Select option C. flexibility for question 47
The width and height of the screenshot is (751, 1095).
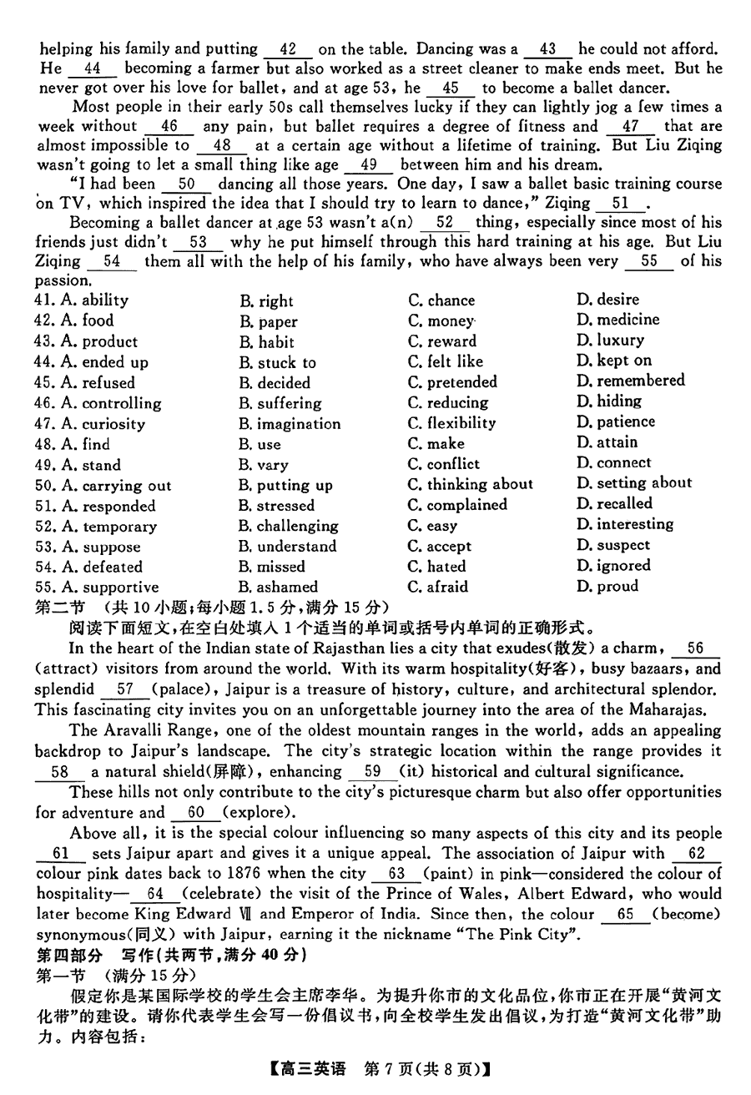451,423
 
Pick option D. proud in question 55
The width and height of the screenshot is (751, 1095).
607,587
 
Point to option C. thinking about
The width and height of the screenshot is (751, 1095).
470,484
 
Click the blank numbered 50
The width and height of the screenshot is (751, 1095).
187,184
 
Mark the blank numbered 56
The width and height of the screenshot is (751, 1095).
695,648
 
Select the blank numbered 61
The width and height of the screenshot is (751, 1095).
61,854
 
